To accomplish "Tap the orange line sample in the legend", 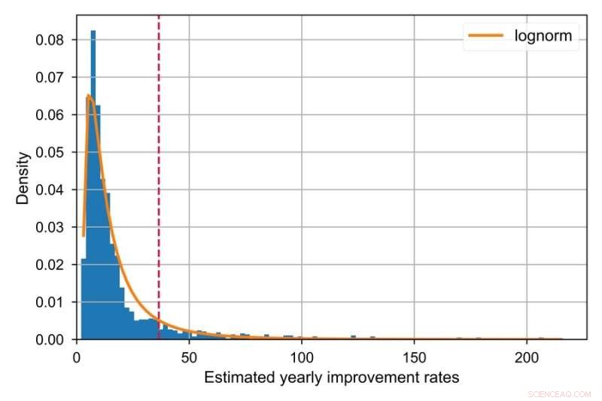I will tap(485, 35).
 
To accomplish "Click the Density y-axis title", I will tap(24, 178).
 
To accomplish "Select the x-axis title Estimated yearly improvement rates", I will tap(331, 378).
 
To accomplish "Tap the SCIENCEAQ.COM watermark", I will tap(560, 393).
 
